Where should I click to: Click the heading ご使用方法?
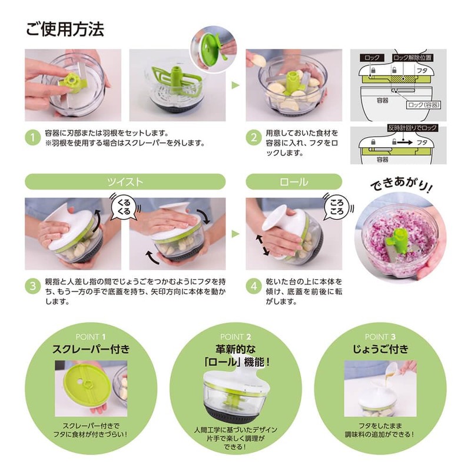[x=65, y=29]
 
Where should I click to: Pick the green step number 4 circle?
[x=253, y=287]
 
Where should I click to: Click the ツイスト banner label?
[x=125, y=181]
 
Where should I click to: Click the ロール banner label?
[x=293, y=181]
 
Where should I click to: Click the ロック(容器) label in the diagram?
[x=422, y=104]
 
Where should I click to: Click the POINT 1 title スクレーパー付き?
[x=91, y=349]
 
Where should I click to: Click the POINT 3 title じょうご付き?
[x=380, y=349]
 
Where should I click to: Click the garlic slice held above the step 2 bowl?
[x=258, y=60]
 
